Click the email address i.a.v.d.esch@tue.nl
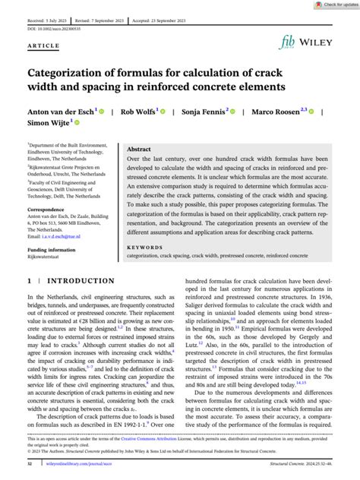point(67,235)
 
